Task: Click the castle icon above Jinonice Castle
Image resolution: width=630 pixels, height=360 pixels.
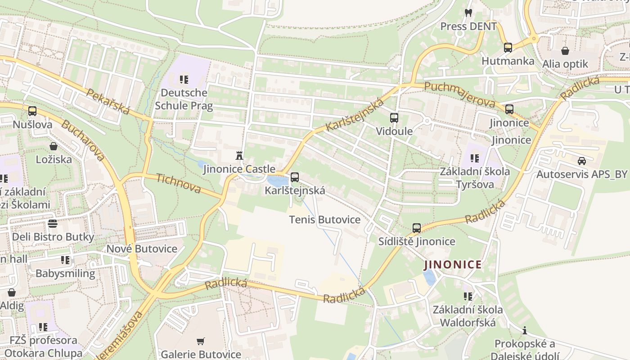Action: [239, 156]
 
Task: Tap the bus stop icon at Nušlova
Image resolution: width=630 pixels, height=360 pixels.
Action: [32, 111]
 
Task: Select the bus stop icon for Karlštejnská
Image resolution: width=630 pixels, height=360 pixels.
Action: [295, 177]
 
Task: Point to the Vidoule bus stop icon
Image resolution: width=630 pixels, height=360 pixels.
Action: [394, 117]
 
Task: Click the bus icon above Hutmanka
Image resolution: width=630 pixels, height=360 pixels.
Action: [508, 47]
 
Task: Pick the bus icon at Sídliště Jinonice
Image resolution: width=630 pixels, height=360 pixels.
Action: [417, 228]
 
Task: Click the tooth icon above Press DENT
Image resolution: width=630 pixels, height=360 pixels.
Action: [468, 13]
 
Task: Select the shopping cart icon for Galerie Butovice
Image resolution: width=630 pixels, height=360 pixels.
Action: [201, 342]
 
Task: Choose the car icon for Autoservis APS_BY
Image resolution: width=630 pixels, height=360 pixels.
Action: [582, 161]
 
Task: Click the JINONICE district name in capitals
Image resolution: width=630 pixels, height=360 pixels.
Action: [453, 265]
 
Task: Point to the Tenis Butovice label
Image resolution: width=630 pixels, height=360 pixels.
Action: [325, 220]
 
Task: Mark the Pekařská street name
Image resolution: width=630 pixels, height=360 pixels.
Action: [108, 102]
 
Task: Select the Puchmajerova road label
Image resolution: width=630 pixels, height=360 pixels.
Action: [459, 95]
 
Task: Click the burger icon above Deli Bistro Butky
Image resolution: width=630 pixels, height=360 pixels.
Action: [53, 224]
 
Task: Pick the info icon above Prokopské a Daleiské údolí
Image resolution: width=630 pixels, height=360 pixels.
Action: [525, 331]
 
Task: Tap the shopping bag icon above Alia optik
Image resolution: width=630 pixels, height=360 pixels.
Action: [565, 51]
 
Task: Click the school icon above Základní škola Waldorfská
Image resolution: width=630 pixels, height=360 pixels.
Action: [468, 296]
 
